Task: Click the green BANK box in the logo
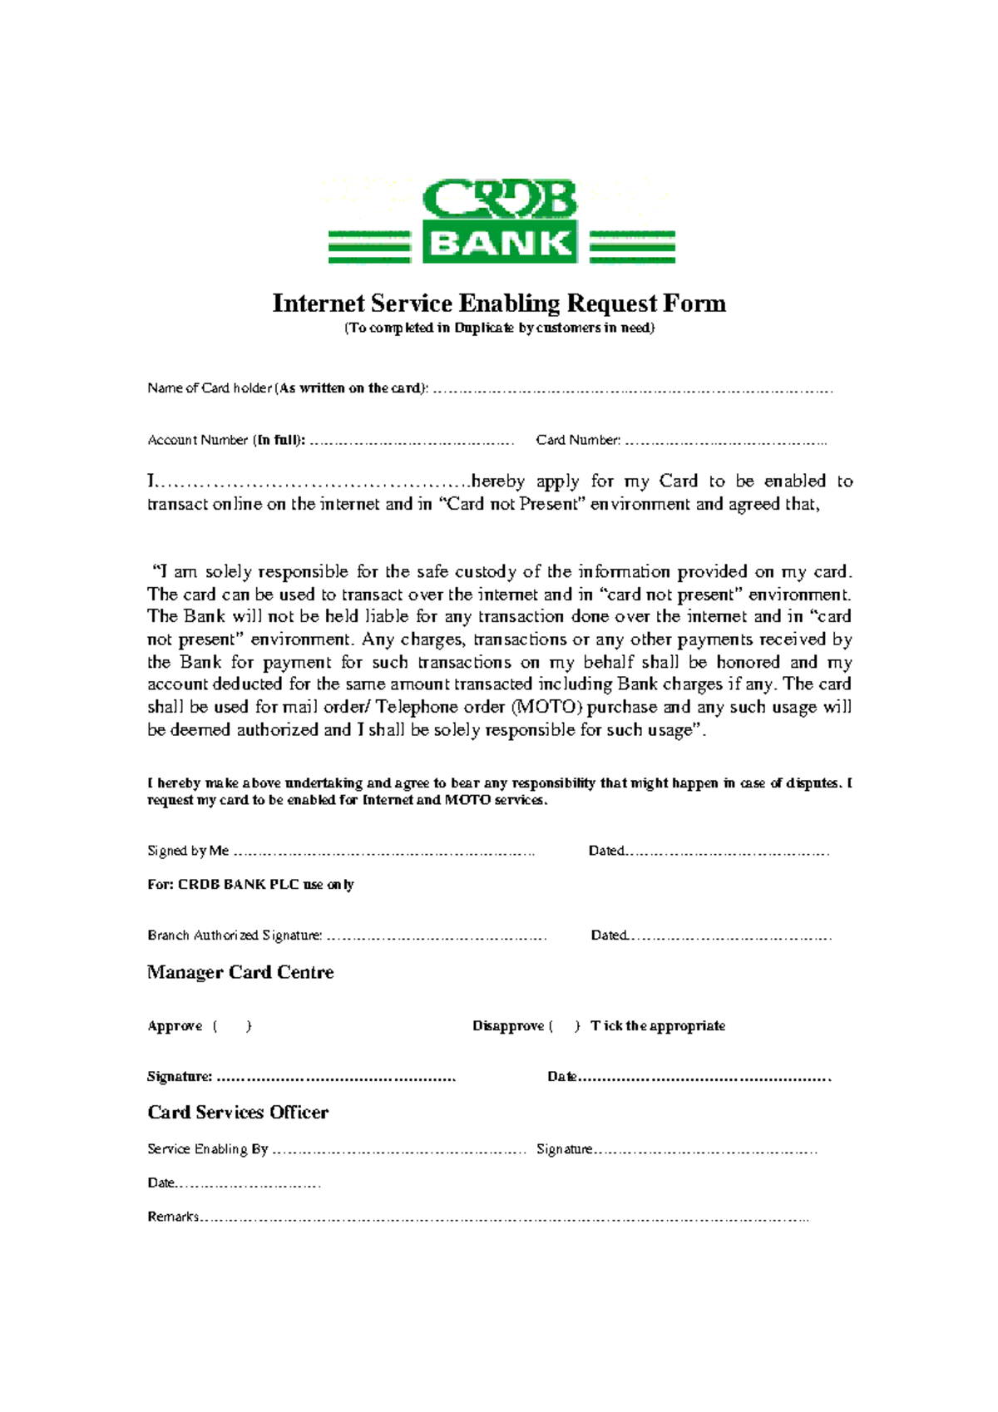point(500,243)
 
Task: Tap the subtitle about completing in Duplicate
point(500,328)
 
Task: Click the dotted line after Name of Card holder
point(632,389)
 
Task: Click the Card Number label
point(578,440)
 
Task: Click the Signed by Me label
point(188,851)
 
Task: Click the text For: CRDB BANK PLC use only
point(250,884)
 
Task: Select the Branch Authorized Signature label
point(235,936)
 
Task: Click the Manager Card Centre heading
point(240,972)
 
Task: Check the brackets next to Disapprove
point(565,1026)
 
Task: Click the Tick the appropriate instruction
point(658,1026)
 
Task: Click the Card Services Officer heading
point(238,1112)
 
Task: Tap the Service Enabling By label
point(207,1149)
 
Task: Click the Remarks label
point(173,1217)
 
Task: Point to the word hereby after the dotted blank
point(497,481)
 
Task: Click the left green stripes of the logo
point(369,247)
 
